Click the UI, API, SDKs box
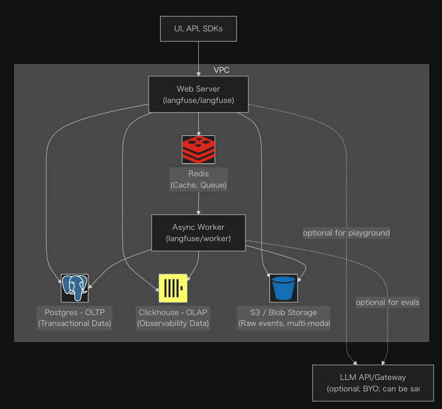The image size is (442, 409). point(198,29)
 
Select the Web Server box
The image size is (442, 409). point(198,94)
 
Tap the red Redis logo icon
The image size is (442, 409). point(198,150)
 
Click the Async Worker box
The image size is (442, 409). point(198,233)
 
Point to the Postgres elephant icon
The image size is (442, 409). point(75,288)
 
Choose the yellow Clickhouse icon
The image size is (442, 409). point(173,288)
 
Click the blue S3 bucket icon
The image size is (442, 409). point(284,288)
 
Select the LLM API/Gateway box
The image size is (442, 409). point(373,383)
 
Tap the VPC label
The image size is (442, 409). point(222,70)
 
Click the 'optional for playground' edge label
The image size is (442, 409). point(346,233)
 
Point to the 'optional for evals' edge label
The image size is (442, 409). point(387,302)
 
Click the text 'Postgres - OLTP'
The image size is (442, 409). point(75,312)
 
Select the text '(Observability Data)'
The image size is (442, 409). point(173,324)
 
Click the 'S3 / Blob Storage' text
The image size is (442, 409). point(284,312)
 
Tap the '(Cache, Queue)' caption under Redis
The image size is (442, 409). point(198,185)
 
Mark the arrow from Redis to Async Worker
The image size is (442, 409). point(198,203)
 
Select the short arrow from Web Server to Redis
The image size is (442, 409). point(198,123)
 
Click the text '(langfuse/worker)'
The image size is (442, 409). point(198,239)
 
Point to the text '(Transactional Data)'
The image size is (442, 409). point(75,324)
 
